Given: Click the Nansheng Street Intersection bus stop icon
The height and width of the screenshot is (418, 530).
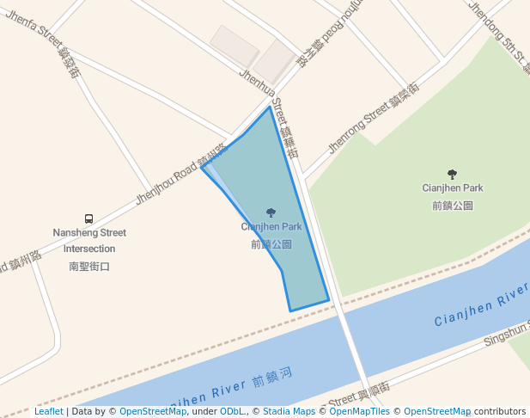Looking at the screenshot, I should click(88, 218).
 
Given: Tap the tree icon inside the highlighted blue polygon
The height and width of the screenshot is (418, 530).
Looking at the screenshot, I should click(271, 212).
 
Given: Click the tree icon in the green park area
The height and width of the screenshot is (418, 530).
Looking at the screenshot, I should click(453, 174).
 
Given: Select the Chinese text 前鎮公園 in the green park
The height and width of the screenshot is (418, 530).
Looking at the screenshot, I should click(453, 206).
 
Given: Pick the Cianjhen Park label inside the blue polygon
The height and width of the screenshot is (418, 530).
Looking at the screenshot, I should click(271, 227).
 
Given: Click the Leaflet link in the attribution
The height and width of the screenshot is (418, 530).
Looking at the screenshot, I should click(49, 412).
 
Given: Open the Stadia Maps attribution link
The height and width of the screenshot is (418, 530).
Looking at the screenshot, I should click(289, 412).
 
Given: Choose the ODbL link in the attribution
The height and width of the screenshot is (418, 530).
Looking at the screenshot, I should click(232, 412).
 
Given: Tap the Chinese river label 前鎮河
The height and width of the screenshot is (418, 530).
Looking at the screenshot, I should click(272, 376).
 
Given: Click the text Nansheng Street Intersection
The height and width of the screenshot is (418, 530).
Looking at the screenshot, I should click(89, 241).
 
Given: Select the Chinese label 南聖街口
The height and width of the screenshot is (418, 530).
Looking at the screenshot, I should click(89, 267).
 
